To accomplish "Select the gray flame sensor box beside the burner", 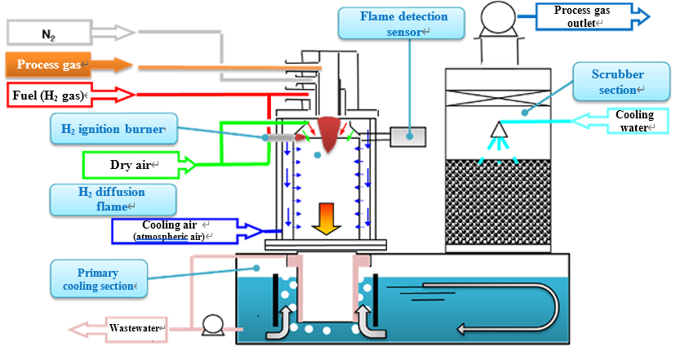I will click(x=407, y=137).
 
